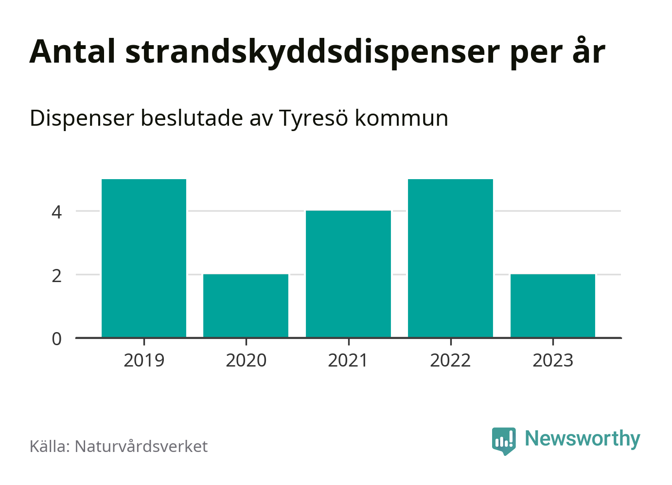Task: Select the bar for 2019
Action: point(144,258)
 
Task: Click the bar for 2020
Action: point(246,306)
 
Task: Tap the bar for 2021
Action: point(348,274)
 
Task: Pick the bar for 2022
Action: point(450,258)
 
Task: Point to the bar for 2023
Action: point(553,306)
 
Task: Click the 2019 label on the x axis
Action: point(144,361)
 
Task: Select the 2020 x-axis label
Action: point(246,361)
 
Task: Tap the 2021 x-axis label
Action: point(348,361)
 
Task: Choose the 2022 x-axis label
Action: point(450,361)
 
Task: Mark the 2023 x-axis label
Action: point(553,361)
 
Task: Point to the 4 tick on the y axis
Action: point(57,212)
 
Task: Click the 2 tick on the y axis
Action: point(57,275)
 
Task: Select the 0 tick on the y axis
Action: point(57,339)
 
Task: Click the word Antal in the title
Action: point(72,51)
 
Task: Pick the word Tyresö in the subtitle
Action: point(314,118)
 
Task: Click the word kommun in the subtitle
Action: point(401,118)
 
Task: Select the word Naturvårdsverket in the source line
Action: point(141,446)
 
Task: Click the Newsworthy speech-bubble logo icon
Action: point(504,440)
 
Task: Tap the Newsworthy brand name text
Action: point(583,438)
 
